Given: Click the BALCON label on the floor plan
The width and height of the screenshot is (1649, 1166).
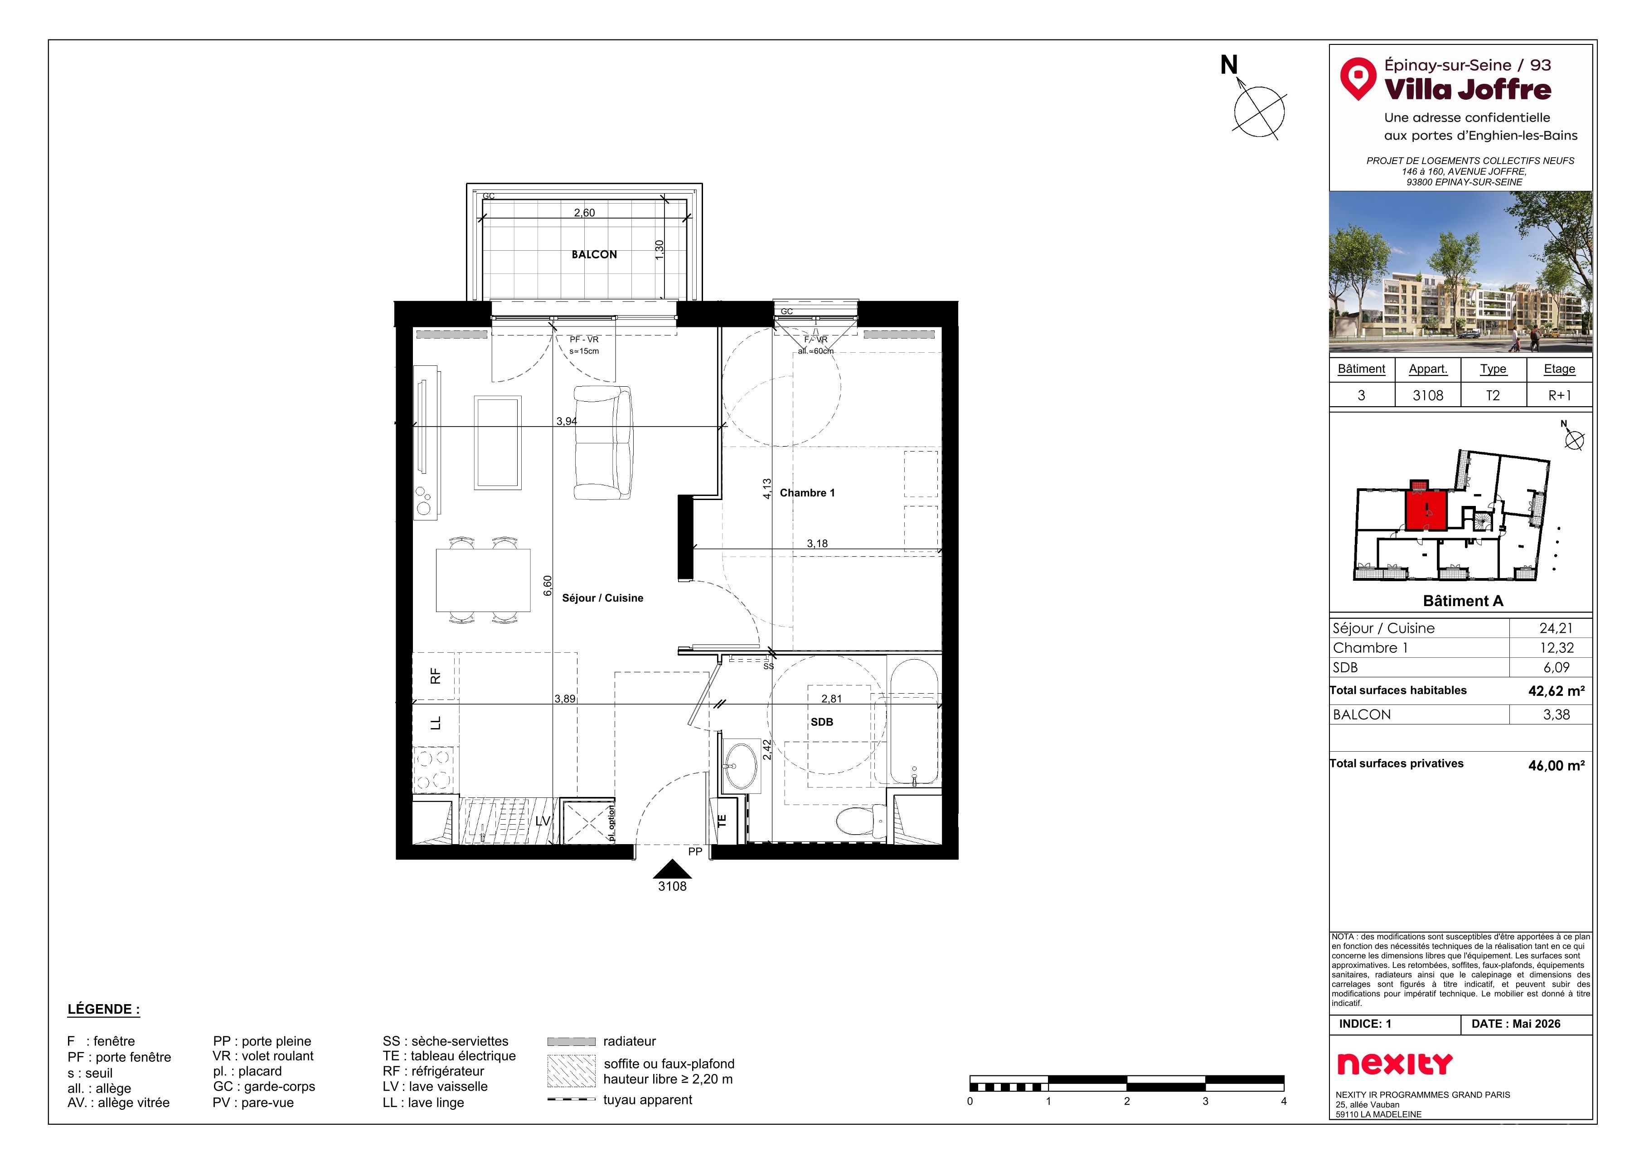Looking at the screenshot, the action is point(594,254).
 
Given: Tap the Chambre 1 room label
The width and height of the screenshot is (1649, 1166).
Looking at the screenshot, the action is point(807,493).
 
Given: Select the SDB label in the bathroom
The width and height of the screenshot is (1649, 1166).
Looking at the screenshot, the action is point(822,722).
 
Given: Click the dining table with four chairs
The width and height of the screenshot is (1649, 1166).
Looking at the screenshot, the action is point(483,580).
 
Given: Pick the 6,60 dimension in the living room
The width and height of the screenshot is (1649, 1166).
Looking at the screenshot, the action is point(547,586).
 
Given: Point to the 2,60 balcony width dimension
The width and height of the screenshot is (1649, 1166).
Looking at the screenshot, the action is point(584,213).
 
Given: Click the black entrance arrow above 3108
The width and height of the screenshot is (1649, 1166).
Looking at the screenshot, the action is point(672,870).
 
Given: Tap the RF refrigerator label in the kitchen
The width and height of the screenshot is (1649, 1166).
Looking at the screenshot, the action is point(435,676).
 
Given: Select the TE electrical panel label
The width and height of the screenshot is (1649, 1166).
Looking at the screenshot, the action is point(723,820).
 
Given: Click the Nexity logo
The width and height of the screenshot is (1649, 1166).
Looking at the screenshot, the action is point(1394,1063).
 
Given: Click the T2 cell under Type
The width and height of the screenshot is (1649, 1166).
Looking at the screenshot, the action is point(1493,395).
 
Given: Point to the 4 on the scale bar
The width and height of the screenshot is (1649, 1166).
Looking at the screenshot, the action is point(1283,1101).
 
